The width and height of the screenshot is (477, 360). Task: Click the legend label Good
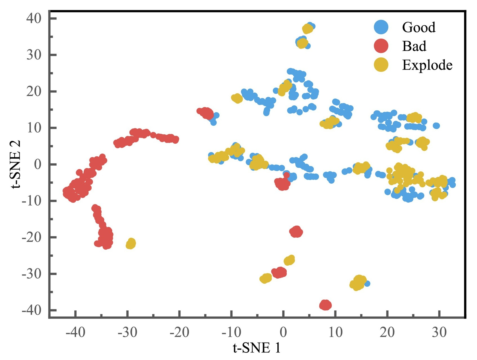[418, 27]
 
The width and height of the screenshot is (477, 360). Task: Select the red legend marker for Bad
[381, 46]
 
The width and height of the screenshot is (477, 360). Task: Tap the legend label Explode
[427, 65]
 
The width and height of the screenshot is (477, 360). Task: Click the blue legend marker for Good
[381, 27]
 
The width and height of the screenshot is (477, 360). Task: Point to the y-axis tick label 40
[34, 18]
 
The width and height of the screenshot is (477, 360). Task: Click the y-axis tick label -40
[31, 310]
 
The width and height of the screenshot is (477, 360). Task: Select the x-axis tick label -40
[75, 333]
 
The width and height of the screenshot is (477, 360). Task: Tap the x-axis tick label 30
[439, 333]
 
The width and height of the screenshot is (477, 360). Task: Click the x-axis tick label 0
[283, 333]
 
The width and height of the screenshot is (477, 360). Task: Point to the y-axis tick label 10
[34, 128]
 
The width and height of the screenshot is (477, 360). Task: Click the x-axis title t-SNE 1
[257, 348]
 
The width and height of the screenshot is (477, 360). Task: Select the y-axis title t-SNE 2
[16, 164]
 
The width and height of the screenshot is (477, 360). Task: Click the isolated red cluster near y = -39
[326, 305]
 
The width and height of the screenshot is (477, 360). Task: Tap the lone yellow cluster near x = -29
[131, 244]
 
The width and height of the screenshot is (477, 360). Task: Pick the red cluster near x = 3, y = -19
[296, 232]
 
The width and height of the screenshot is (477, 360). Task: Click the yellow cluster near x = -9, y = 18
[237, 98]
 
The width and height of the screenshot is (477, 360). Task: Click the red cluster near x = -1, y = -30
[279, 273]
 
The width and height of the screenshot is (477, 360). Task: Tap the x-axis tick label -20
[179, 333]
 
